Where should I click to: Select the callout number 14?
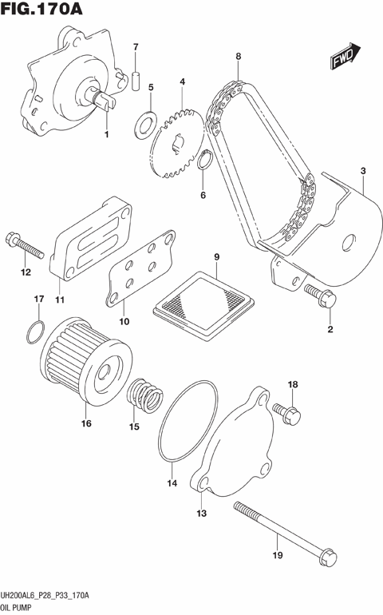(x=171, y=482)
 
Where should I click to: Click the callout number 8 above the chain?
(x=238, y=56)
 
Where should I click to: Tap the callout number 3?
(x=363, y=171)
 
